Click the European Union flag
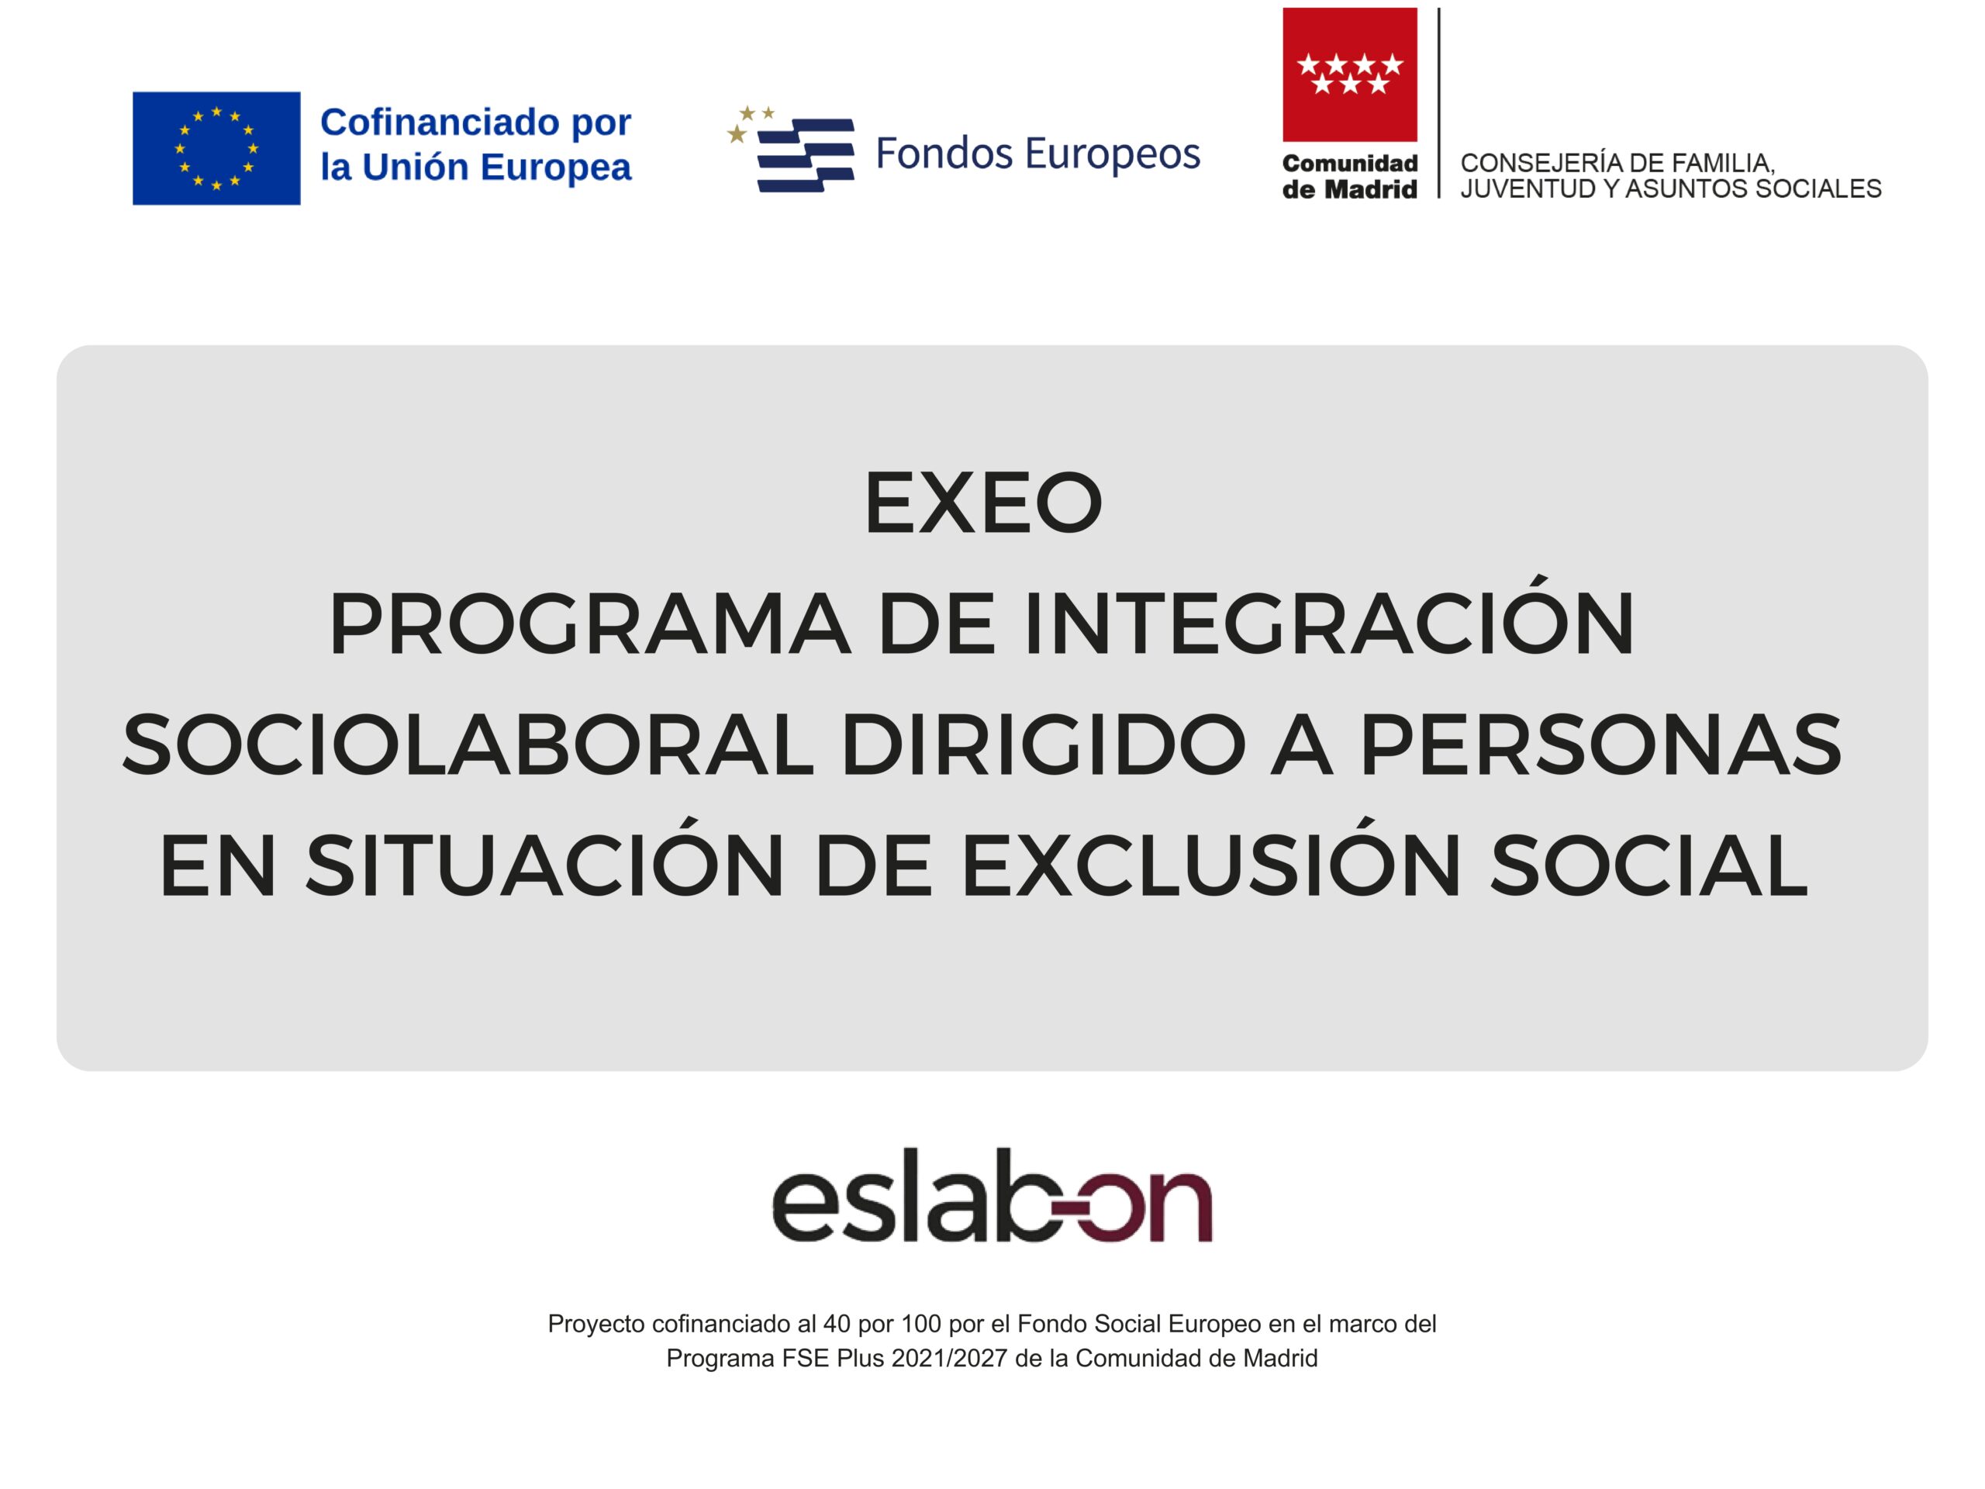point(216,148)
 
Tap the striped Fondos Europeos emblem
point(791,149)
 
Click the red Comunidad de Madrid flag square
point(1350,74)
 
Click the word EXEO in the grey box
point(982,503)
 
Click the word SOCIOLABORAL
point(468,745)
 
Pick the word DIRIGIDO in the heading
point(1044,745)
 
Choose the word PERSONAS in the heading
point(1601,745)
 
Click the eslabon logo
point(992,1194)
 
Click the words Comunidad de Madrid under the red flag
point(1350,176)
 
